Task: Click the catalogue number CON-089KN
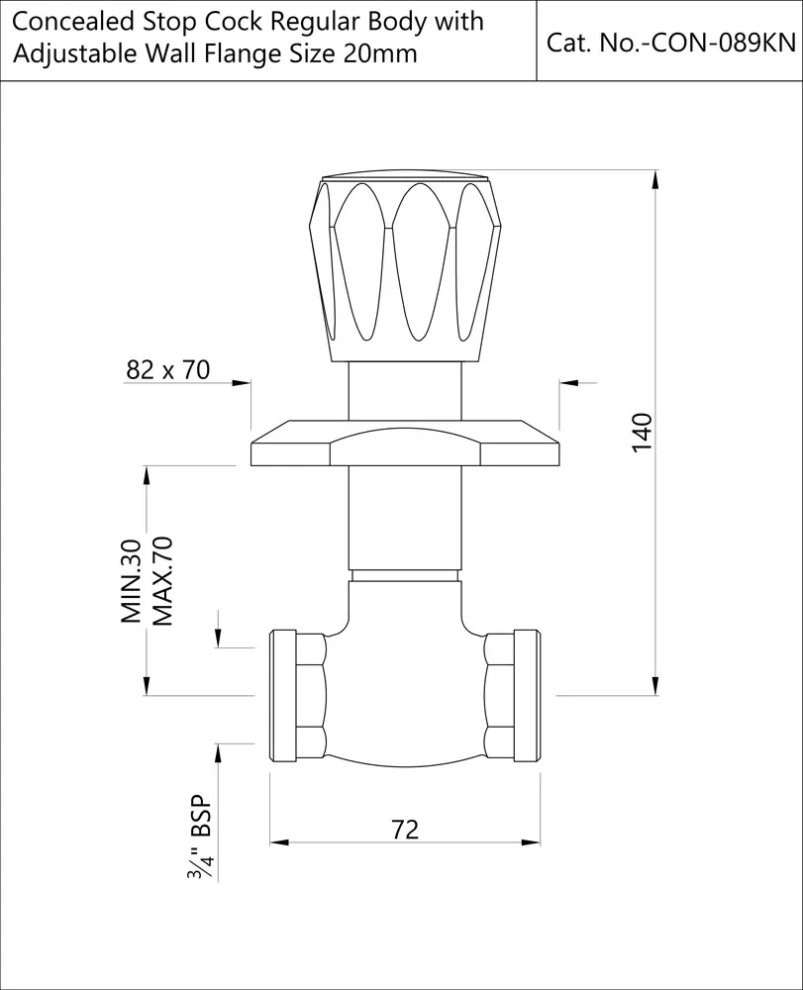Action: point(669,43)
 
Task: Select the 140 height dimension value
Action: point(643,433)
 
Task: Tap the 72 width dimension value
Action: point(406,829)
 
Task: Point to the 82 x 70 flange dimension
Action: point(168,370)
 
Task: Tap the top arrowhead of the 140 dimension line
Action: point(655,178)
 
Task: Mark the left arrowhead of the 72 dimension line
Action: point(278,842)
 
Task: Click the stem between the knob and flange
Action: point(406,390)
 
